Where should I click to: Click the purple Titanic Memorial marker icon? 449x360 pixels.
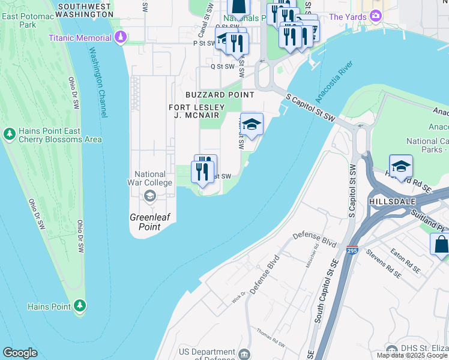coord(121,38)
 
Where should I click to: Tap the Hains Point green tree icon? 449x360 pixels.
coord(80,306)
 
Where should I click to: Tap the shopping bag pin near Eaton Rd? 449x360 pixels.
coord(441,245)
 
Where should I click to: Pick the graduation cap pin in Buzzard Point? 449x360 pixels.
coord(252,124)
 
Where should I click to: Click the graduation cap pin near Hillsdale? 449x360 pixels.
coord(400,166)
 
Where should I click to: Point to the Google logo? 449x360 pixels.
coord(20,353)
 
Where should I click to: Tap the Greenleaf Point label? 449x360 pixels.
coord(145,223)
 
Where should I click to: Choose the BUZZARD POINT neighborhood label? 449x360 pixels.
coord(220,95)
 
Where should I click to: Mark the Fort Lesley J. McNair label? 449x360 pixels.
coord(199,110)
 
